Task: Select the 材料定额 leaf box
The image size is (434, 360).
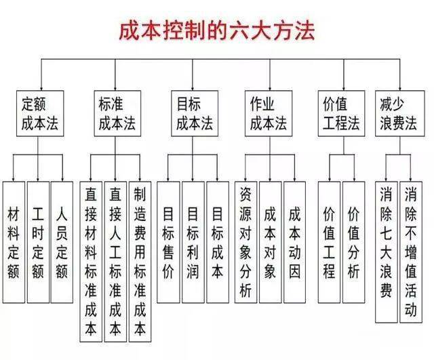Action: [14, 241]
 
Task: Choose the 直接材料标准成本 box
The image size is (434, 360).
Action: [90, 261]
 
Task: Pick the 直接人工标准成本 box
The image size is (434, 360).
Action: [115, 261]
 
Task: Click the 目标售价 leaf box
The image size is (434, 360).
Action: [168, 241]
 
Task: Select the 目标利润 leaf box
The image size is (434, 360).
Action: [193, 241]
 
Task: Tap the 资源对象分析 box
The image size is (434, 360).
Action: [245, 241]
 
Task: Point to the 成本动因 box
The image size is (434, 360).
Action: [294, 241]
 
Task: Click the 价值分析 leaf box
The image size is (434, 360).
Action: [353, 241]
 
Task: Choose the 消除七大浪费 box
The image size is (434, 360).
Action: [385, 251]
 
